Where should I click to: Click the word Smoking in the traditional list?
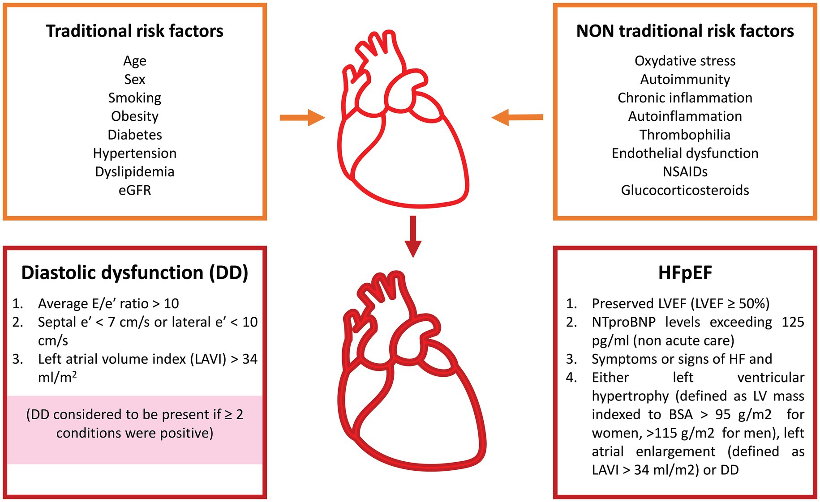coord(134,98)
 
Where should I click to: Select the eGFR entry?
coord(134,190)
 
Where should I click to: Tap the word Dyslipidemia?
coord(134,172)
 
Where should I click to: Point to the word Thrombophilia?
coord(684,135)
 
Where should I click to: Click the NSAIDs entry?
coord(685,172)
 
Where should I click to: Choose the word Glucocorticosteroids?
coord(684,190)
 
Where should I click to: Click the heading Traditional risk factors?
coord(134,31)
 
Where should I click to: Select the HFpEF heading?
coord(685,272)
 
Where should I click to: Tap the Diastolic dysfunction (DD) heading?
coord(134,272)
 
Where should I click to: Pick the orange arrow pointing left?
coord(517,118)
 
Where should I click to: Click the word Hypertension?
coord(134,153)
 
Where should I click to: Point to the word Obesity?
coord(134,116)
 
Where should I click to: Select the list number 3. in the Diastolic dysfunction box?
coord(17,359)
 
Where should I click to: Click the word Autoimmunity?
coord(685,79)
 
